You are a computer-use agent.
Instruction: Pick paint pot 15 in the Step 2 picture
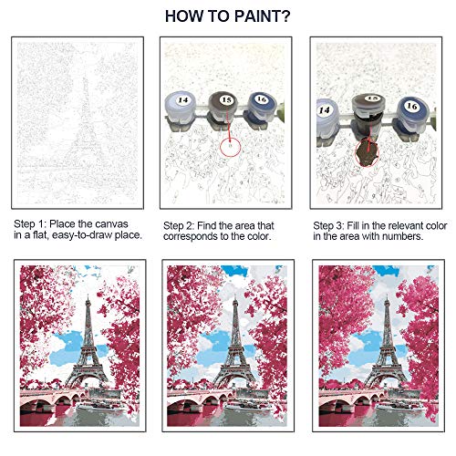pos(226,109)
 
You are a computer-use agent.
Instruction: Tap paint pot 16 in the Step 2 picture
pos(262,109)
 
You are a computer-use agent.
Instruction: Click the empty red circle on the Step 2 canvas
pos(231,147)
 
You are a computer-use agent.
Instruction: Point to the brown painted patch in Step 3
pos(367,152)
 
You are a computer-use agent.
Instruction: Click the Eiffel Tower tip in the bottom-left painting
pos(88,295)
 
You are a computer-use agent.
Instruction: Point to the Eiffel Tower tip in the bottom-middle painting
pos(235,295)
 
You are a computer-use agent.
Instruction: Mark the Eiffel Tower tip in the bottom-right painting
pos(387,295)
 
